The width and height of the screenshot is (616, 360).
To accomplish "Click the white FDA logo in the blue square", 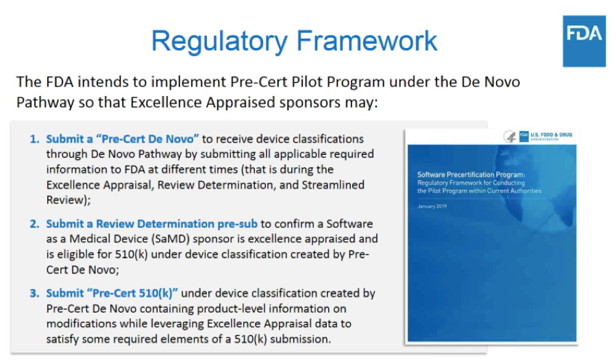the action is [x=584, y=34].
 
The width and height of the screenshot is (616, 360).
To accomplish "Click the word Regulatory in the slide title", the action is [x=219, y=41].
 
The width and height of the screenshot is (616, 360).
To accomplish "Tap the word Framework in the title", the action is [x=367, y=40].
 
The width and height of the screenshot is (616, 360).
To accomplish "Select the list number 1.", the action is [x=34, y=139].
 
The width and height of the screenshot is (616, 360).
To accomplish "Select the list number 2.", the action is [x=34, y=224].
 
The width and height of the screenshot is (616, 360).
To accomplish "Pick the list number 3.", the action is [x=34, y=293].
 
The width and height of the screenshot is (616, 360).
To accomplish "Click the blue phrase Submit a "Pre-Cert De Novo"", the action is [x=122, y=139].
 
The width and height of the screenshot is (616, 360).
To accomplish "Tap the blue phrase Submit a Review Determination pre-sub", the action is [x=151, y=224].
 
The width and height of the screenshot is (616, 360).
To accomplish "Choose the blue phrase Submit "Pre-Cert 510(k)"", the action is [x=112, y=293].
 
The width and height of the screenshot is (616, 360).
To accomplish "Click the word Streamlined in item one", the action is [x=333, y=184].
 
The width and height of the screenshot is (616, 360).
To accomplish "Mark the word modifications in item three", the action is [x=82, y=324].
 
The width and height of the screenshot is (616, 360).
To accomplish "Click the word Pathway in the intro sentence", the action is [x=45, y=103].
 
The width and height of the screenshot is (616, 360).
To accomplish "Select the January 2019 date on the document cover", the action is [x=432, y=206].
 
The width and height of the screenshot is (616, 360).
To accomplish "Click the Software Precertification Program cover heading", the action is [x=471, y=174].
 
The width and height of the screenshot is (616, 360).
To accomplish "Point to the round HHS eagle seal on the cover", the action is [x=510, y=136].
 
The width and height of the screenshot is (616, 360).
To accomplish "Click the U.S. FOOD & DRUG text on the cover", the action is [x=551, y=135].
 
